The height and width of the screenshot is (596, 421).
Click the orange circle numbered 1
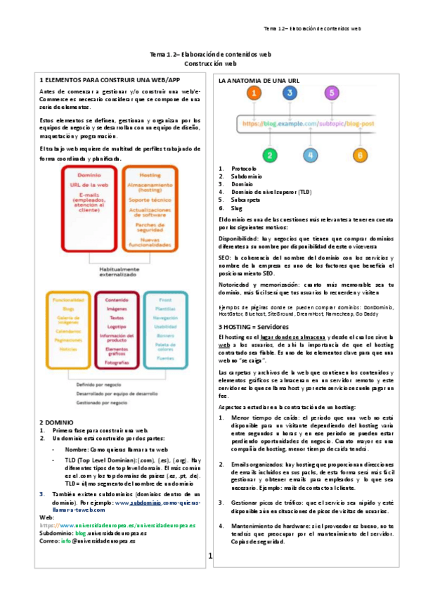(257, 93)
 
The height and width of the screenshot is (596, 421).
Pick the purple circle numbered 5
(330, 93)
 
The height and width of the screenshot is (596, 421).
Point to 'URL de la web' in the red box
(88, 184)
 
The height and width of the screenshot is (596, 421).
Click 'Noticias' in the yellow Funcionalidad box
(67, 349)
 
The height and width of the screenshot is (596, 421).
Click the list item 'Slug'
(238, 208)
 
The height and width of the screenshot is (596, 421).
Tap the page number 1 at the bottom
(209, 557)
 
